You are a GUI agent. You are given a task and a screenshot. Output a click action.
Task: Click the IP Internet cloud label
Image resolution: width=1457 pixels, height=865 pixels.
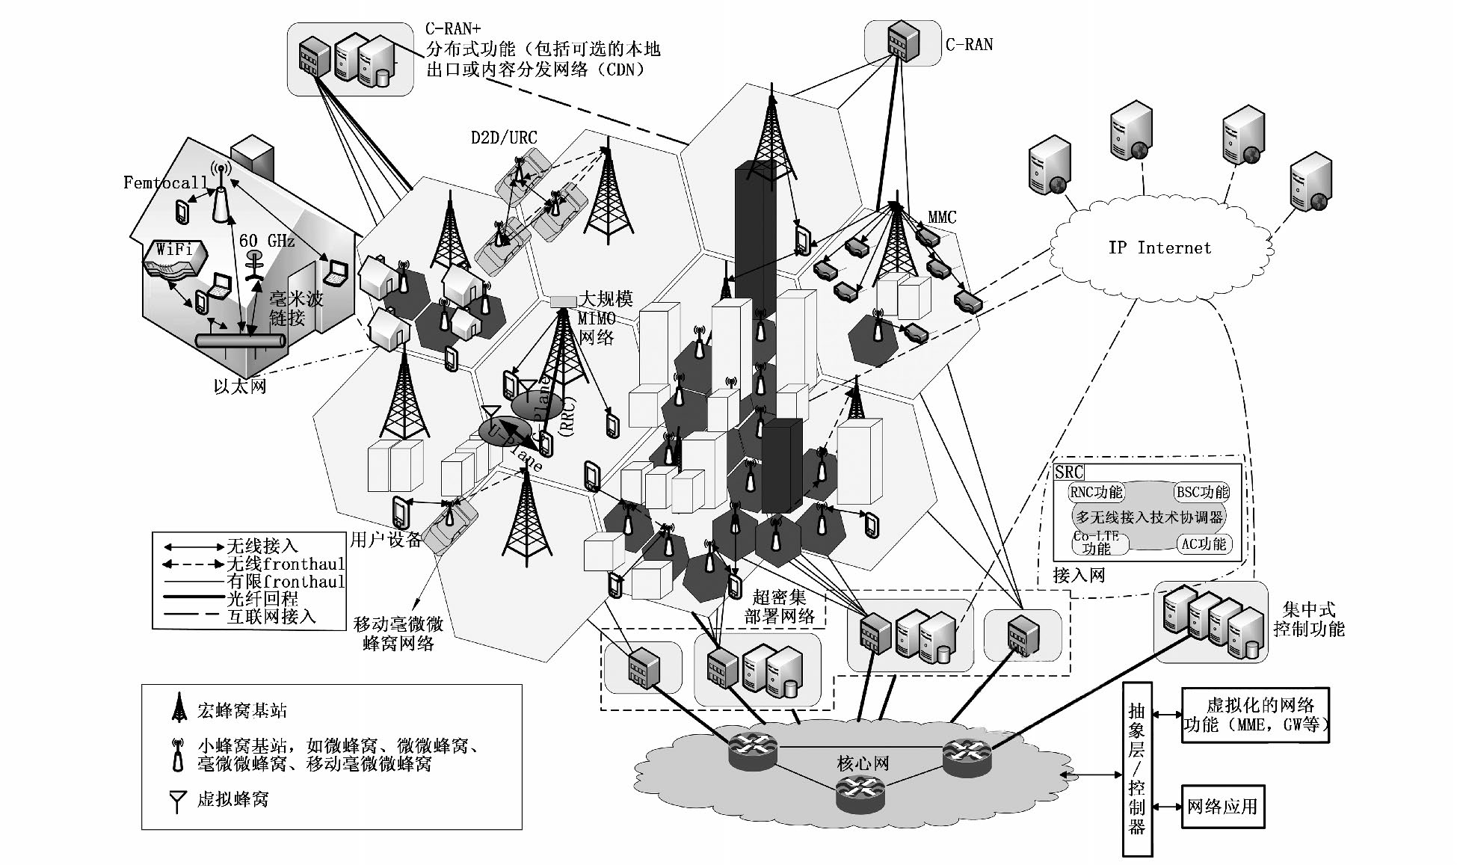[1159, 248]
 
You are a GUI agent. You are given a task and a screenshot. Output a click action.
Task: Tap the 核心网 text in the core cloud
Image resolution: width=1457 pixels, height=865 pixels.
[863, 763]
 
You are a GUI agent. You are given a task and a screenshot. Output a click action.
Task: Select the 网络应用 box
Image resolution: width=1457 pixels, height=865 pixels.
[1222, 807]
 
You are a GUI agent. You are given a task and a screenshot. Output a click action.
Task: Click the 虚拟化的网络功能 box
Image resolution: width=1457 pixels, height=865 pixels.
[1255, 715]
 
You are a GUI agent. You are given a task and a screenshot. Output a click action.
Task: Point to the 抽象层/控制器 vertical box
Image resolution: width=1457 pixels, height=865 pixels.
[1137, 769]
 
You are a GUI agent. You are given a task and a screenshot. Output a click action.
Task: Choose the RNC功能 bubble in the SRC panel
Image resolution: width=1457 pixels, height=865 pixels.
[1096, 492]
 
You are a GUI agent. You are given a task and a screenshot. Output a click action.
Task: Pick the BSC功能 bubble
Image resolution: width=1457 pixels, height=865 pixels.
[1202, 492]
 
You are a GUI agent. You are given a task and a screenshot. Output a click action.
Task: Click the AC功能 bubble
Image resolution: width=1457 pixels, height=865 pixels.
[1204, 544]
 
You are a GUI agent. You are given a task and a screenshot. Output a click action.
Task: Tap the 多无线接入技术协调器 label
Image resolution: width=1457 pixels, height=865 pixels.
[1149, 517]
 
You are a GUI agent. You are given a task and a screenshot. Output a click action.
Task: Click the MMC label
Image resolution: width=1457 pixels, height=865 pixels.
[942, 218]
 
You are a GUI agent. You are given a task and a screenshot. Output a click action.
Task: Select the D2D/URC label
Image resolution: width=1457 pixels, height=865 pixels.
[504, 138]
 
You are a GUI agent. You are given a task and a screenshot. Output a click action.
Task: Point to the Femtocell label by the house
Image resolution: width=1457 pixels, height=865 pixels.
[165, 182]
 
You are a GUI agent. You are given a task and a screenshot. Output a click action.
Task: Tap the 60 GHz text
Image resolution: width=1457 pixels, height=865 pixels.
[267, 241]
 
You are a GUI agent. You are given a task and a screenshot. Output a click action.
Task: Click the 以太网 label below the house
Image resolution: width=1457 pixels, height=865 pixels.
[239, 387]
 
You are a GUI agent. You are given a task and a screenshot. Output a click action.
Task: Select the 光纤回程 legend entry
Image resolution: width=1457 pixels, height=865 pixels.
[262, 599]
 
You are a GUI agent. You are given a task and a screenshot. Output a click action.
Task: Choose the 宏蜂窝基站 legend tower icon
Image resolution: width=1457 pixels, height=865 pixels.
[179, 708]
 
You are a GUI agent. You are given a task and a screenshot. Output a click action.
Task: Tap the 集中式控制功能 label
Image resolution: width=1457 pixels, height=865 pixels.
[1308, 619]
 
